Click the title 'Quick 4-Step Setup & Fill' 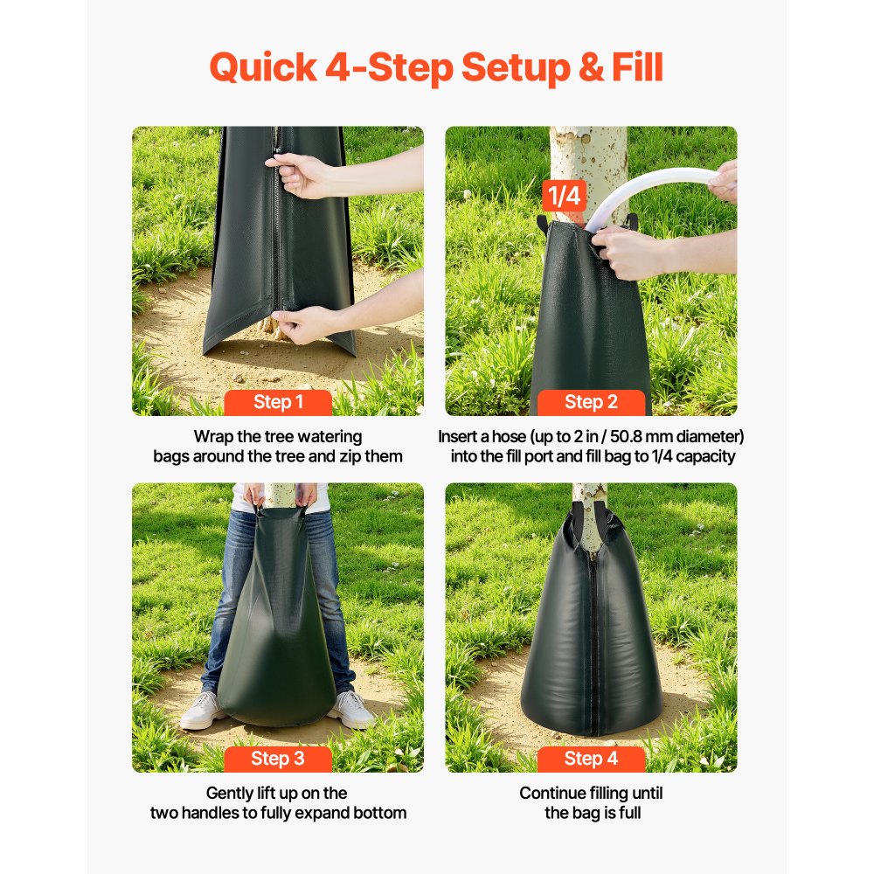pos(436,67)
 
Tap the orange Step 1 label pos(278,402)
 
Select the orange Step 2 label pos(591,402)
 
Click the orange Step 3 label pos(278,759)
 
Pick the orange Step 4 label pos(591,759)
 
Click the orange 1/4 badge pos(564,196)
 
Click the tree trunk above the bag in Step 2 pos(588,166)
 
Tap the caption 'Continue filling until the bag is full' pos(591,803)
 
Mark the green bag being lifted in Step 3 pos(275,629)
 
